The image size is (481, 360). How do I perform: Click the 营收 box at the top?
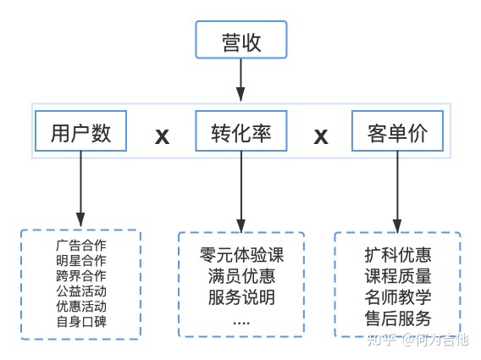pyautogui.click(x=241, y=40)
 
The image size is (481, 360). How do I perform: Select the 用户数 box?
pyautogui.click(x=81, y=133)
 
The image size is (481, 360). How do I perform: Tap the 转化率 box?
pyautogui.click(x=241, y=133)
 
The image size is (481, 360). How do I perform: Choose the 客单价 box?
pyautogui.click(x=397, y=133)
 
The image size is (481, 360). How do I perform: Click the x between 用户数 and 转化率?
pyautogui.click(x=162, y=136)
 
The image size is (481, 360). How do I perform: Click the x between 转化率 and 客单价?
pyautogui.click(x=321, y=136)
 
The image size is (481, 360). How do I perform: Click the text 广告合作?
pyautogui.click(x=81, y=245)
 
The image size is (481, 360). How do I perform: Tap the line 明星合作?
pyautogui.click(x=81, y=260)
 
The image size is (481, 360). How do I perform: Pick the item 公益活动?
pyautogui.click(x=81, y=291)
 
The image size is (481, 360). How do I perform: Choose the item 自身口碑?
pyautogui.click(x=81, y=321)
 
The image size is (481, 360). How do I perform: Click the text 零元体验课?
pyautogui.click(x=241, y=254)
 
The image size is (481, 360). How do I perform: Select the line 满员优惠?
pyautogui.click(x=241, y=276)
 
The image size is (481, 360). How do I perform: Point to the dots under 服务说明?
pyautogui.click(x=241, y=320)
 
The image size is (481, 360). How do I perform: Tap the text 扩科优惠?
pyautogui.click(x=398, y=254)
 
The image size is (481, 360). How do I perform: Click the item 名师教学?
pyautogui.click(x=398, y=297)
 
